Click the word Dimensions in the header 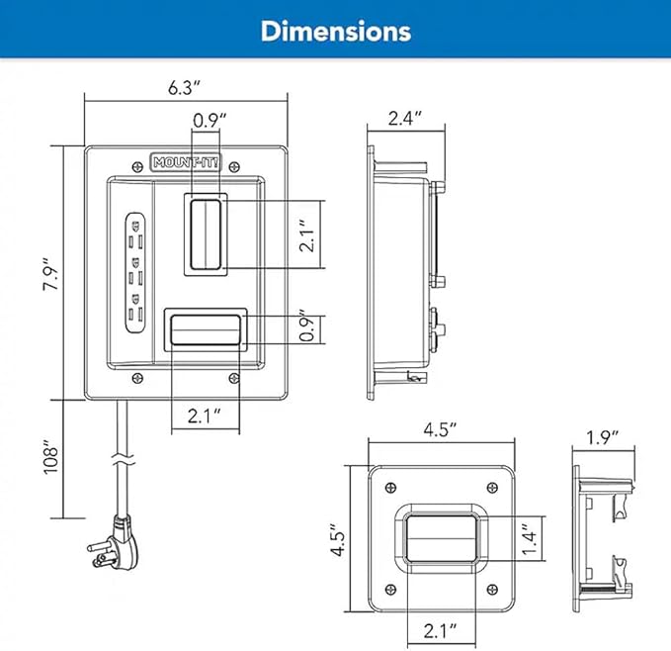coord(336,32)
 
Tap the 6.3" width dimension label coord(184,88)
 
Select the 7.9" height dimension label coord(51,274)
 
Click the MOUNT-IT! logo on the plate coord(186,162)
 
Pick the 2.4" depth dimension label coord(405,118)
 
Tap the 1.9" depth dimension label coord(603,437)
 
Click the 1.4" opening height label coord(529,538)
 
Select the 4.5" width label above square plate coord(441,429)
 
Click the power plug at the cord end coord(116,543)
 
